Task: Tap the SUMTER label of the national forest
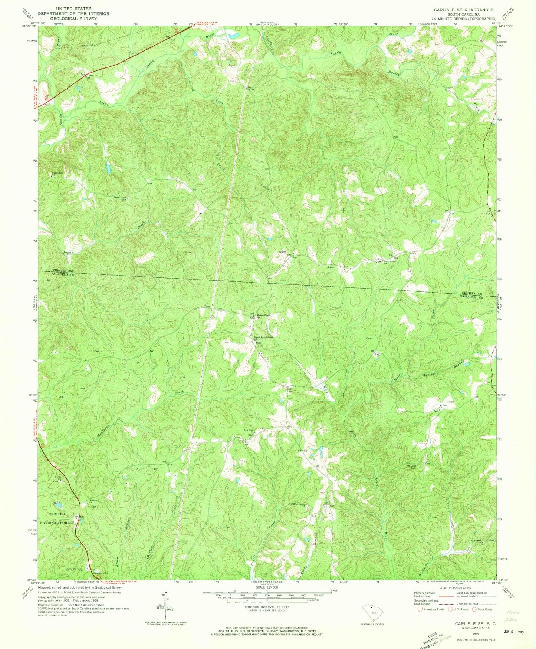[57, 514]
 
